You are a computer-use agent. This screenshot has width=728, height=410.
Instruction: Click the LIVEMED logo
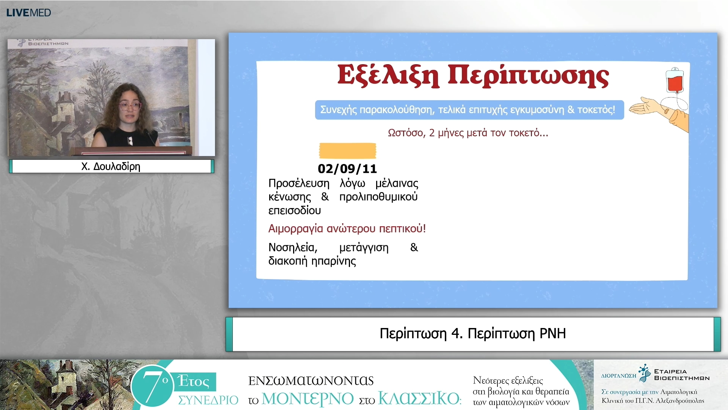(28, 13)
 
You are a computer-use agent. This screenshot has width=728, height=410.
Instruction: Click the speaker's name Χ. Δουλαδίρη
(111, 166)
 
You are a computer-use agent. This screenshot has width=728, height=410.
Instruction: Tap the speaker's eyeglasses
(130, 106)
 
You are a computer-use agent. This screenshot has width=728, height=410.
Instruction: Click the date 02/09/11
(347, 169)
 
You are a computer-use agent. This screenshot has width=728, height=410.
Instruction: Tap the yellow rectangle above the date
(347, 151)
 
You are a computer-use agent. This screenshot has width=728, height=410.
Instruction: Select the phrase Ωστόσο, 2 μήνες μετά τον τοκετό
(468, 133)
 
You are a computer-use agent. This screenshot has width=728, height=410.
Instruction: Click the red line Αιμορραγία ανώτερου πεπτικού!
(347, 229)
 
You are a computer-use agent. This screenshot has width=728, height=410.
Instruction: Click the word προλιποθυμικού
(378, 197)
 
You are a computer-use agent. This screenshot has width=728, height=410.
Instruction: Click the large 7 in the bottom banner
(152, 385)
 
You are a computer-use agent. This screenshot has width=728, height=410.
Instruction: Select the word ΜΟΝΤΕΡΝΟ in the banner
(308, 399)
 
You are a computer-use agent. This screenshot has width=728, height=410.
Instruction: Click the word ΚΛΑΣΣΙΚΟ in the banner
(419, 399)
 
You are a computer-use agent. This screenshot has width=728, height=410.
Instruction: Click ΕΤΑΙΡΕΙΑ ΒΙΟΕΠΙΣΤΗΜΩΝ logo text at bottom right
(681, 375)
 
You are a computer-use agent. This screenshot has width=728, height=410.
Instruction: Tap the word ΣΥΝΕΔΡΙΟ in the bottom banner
(208, 400)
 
